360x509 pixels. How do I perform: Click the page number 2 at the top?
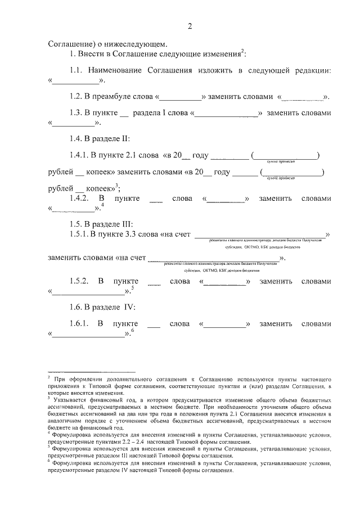pos(190,26)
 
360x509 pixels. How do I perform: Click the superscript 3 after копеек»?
pos(116,186)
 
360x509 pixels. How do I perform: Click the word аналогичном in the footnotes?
pos(68,420)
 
